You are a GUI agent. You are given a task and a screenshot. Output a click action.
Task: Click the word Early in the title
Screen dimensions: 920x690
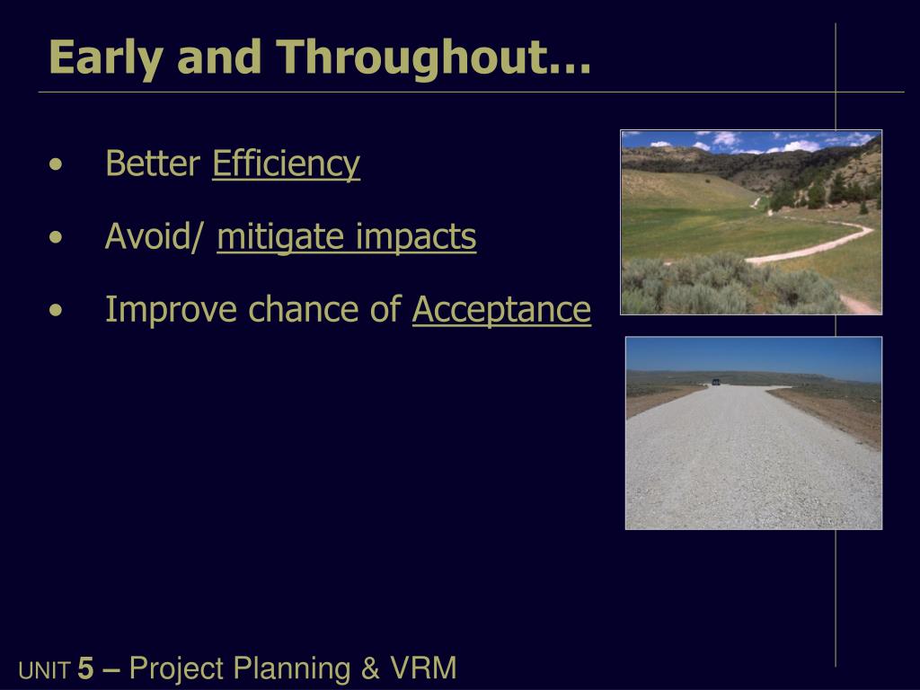pyautogui.click(x=106, y=58)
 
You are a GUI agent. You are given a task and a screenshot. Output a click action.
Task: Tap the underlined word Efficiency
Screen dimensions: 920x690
pyautogui.click(x=286, y=164)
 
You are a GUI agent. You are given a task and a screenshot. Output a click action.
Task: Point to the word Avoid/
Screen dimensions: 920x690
pyautogui.click(x=155, y=236)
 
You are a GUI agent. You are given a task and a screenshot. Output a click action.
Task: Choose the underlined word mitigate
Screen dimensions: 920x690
pyautogui.click(x=280, y=237)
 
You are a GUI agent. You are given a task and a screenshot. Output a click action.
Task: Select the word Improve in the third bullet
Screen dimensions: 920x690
pyautogui.click(x=171, y=310)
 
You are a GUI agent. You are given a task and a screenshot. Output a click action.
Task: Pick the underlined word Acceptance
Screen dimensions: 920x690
pyautogui.click(x=501, y=310)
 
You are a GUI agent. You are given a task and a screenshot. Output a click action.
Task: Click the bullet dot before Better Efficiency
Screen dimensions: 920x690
pyautogui.click(x=56, y=164)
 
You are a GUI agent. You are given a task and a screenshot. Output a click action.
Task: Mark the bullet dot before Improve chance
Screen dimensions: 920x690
pyautogui.click(x=56, y=310)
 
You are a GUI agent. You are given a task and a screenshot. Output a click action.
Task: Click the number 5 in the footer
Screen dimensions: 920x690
pyautogui.click(x=85, y=668)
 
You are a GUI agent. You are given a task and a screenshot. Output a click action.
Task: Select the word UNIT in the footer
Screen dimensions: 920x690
pyautogui.click(x=45, y=670)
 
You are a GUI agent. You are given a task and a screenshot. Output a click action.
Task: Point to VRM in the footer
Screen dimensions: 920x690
pyautogui.click(x=423, y=668)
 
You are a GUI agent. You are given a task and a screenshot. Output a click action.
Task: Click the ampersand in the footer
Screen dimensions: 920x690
pyautogui.click(x=370, y=668)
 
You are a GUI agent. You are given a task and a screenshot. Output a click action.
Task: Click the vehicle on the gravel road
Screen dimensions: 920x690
pyautogui.click(x=716, y=382)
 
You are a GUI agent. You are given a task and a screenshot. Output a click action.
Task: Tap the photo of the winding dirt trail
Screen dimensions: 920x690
pyautogui.click(x=751, y=223)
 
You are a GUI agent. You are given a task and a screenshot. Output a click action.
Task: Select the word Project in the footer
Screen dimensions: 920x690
pyautogui.click(x=176, y=668)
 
